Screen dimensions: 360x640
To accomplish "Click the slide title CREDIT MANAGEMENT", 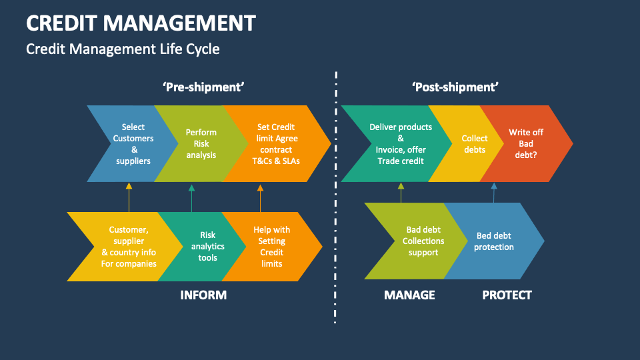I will (x=141, y=23).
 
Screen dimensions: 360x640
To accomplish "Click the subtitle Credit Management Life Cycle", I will (x=123, y=49).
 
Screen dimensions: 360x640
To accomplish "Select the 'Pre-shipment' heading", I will (x=203, y=87).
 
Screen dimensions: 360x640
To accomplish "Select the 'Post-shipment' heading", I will (x=455, y=87).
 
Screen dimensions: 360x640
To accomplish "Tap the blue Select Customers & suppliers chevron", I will (x=133, y=143).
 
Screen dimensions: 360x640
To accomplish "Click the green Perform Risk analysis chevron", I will (x=201, y=143).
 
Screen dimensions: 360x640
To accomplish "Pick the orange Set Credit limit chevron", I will (x=275, y=143).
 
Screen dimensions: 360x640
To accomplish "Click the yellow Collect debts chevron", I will (x=474, y=143).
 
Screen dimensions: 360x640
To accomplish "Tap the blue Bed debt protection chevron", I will (x=494, y=241).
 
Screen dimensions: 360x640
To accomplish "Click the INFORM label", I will (x=203, y=295).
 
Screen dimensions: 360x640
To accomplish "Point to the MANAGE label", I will (x=409, y=295).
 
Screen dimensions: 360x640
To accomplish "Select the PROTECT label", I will (x=507, y=295).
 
